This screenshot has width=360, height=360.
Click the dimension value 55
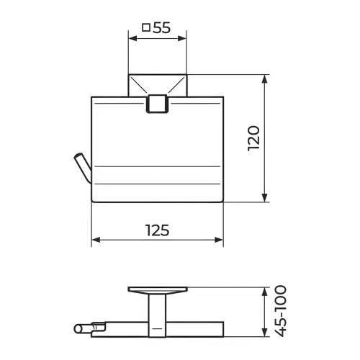pos(161,27)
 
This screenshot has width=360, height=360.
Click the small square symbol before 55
pos(146,27)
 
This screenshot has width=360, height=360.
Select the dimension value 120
pos(253,138)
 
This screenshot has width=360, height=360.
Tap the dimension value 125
pos(158,230)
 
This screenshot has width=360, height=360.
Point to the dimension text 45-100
pos(280,311)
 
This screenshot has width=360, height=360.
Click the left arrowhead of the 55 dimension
pos(132,38)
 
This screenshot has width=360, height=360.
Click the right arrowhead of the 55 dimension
pos(182,38)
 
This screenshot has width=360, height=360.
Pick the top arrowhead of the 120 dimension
pos(264,79)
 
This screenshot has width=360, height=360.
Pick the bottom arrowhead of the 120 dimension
pos(264,197)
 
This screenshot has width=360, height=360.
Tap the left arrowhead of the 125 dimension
pos(96,240)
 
